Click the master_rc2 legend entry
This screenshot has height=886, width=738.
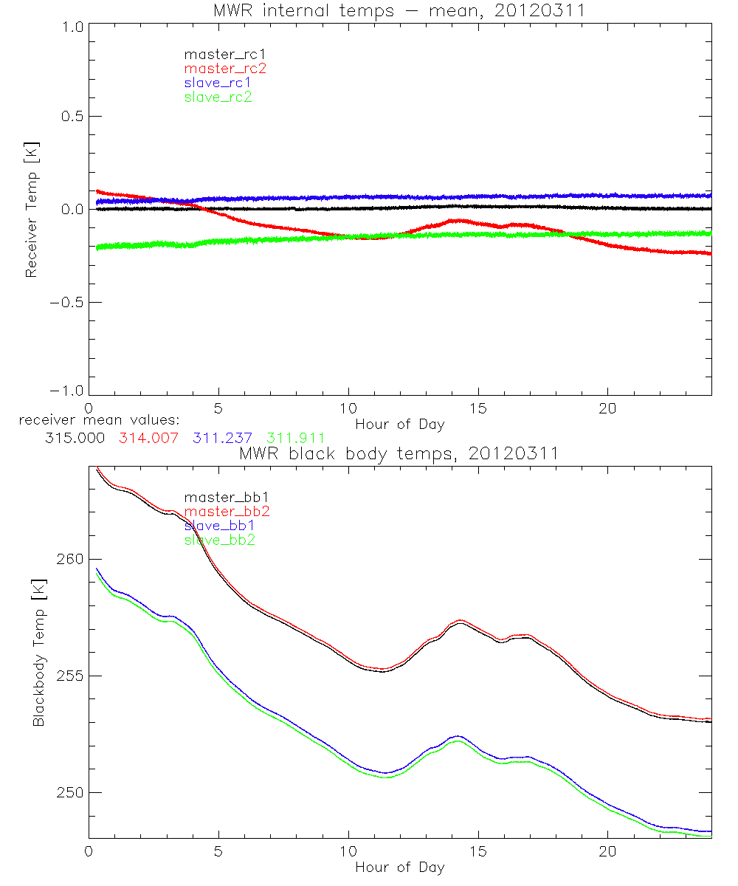(225, 69)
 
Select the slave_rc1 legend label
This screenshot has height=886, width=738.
(218, 83)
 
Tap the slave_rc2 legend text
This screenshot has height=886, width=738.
(218, 97)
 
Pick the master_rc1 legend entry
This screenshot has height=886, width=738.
(225, 55)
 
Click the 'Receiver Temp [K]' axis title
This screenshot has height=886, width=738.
(31, 209)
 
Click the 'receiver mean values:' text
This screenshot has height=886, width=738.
(94, 420)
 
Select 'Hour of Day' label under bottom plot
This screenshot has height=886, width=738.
(399, 867)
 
